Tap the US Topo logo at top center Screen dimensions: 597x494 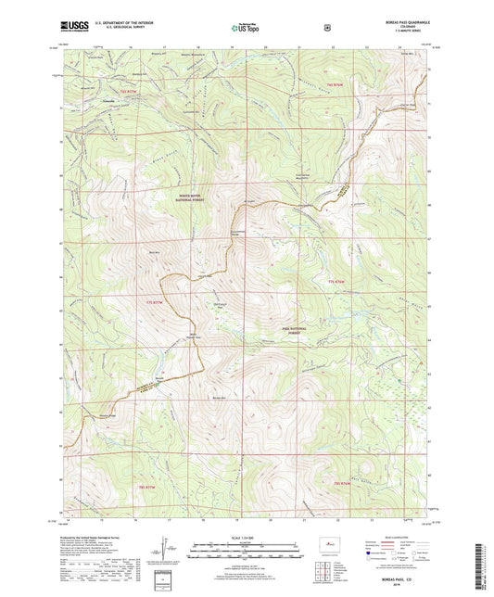[246, 29]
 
